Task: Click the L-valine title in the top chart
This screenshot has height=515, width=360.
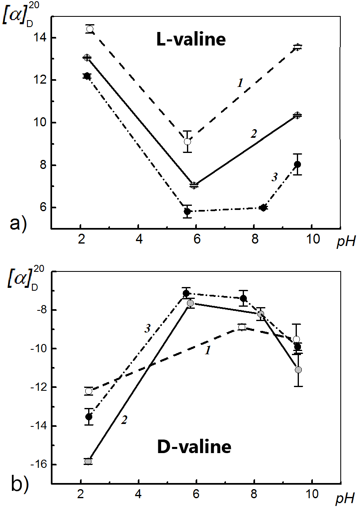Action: pyautogui.click(x=191, y=40)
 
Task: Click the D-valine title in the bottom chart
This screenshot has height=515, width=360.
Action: pyautogui.click(x=194, y=447)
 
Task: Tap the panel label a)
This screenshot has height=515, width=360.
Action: pyautogui.click(x=19, y=224)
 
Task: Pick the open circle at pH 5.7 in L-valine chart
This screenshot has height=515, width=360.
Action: pyautogui.click(x=187, y=141)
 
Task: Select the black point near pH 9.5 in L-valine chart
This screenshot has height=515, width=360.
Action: pyautogui.click(x=298, y=164)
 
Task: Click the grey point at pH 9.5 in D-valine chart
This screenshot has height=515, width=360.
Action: pyautogui.click(x=298, y=370)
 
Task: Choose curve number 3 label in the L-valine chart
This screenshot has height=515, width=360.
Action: pyautogui.click(x=275, y=177)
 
